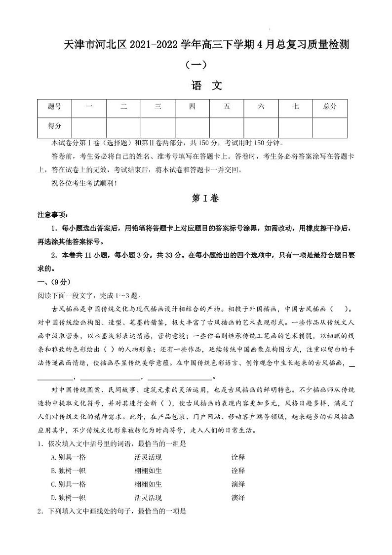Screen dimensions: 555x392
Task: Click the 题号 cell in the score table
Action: click(54, 107)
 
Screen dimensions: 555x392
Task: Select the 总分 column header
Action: click(329, 107)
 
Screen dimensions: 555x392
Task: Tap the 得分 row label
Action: click(54, 126)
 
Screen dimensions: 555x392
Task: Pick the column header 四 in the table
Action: click(192, 107)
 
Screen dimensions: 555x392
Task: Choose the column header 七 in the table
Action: click(295, 107)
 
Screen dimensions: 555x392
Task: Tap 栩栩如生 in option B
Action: click(148, 471)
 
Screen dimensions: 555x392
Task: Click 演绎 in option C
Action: click(238, 484)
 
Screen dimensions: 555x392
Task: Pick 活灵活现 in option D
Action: click(148, 497)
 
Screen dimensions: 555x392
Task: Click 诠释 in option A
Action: click(238, 457)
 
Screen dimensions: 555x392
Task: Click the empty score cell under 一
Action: click(89, 126)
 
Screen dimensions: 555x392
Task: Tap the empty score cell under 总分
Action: click(329, 126)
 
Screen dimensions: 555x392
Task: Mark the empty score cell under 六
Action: click(261, 126)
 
